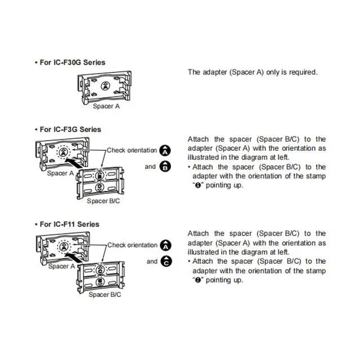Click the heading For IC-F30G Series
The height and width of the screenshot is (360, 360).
click(71, 62)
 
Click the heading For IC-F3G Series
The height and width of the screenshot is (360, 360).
click(69, 129)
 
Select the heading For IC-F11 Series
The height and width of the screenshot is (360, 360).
click(68, 224)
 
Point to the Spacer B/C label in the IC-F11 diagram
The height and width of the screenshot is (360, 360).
click(104, 294)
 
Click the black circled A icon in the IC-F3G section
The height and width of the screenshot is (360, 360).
click(166, 151)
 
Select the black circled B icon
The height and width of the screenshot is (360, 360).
click(166, 166)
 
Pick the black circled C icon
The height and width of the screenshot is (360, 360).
click(166, 262)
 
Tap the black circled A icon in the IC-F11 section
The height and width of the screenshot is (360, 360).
click(166, 245)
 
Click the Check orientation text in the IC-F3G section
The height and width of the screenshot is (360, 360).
click(133, 151)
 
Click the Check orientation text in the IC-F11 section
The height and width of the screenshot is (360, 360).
click(133, 245)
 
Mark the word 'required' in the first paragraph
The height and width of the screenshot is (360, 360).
click(303, 72)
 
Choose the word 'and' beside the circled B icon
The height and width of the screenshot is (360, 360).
click(151, 166)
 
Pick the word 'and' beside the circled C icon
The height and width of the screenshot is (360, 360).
click(152, 262)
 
